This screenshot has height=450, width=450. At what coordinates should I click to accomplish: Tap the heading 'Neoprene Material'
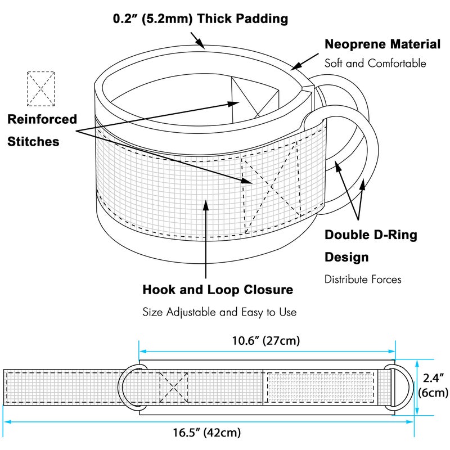click(x=382, y=44)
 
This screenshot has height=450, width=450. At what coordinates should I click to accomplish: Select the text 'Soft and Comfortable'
click(x=375, y=63)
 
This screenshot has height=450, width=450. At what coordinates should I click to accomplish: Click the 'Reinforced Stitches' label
click(x=42, y=130)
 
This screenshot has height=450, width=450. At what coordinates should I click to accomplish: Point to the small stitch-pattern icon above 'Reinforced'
click(x=41, y=88)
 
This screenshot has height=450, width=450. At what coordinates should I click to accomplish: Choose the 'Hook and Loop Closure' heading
click(x=218, y=290)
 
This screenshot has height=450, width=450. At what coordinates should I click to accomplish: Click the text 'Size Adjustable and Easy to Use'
click(x=219, y=311)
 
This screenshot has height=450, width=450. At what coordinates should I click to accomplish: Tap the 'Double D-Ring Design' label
click(x=371, y=246)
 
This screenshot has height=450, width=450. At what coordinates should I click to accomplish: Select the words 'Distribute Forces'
click(x=363, y=278)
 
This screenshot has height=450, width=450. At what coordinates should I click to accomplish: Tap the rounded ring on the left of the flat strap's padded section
click(x=129, y=386)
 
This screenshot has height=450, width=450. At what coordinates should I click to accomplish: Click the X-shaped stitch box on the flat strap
click(x=173, y=386)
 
